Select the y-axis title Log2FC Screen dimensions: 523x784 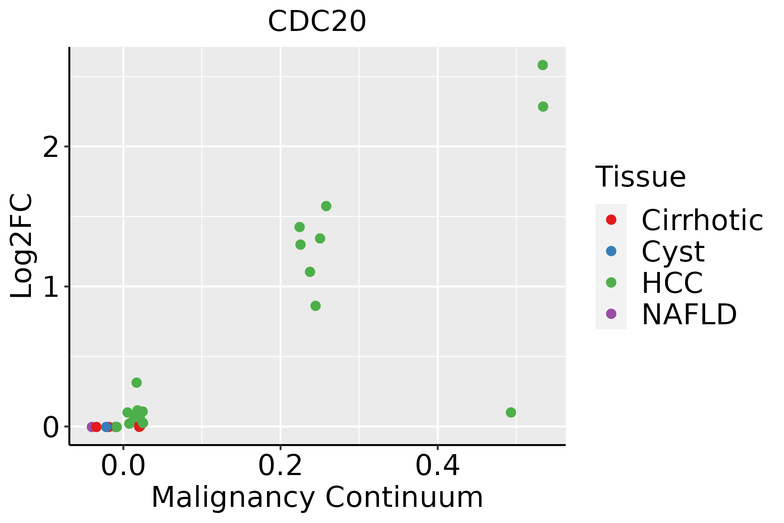tap(22, 246)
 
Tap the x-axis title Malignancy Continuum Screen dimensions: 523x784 tap(317, 498)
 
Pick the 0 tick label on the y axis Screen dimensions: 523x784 tap(51, 428)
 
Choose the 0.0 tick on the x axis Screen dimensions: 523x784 tap(123, 467)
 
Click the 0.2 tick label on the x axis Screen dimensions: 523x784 tap(280, 467)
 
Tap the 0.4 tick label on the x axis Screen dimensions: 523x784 tap(437, 467)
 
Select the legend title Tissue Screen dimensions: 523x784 tap(640, 177)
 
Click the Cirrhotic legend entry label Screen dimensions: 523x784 tap(702, 220)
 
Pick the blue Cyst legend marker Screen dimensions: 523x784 tap(611, 251)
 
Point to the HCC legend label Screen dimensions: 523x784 tap(672, 282)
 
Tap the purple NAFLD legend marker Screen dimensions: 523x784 tap(611, 313)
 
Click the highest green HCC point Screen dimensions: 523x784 tap(543, 65)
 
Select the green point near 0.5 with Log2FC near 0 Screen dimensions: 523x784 tap(511, 412)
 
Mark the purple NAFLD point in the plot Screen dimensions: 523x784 tap(91, 427)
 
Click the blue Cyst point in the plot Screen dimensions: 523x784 tap(106, 427)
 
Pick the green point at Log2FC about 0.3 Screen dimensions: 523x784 tap(137, 383)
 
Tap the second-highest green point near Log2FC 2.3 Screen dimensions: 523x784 tap(543, 107)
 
